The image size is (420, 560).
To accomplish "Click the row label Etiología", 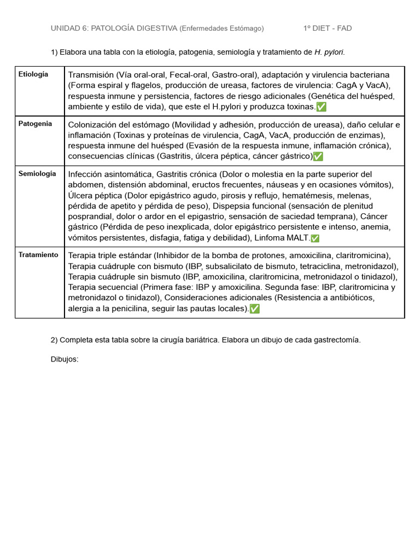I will pyautogui.click(x=33, y=74).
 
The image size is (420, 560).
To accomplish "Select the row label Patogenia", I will pyautogui.click(x=35, y=124).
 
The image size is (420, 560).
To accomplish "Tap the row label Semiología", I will pyautogui.click(x=37, y=173).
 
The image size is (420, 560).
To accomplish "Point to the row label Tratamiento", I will pyautogui.click(x=38, y=255).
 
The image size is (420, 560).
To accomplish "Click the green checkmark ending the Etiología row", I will pyautogui.click(x=322, y=107).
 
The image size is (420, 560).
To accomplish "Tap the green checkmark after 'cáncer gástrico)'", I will pyautogui.click(x=318, y=156).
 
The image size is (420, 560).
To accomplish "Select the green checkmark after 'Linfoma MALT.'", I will pyautogui.click(x=315, y=238).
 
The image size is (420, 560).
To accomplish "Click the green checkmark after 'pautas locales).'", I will pyautogui.click(x=254, y=308).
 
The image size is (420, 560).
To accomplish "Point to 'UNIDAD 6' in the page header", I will pyautogui.click(x=68, y=28).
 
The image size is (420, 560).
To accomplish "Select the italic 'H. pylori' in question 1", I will pyautogui.click(x=329, y=52).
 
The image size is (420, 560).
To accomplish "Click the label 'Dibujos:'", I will pyautogui.click(x=65, y=359).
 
